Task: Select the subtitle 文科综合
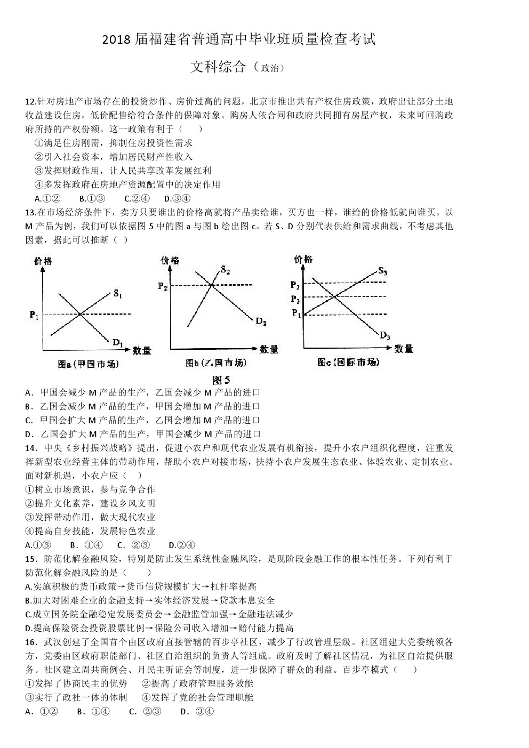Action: coord(218,67)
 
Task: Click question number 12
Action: coord(30,101)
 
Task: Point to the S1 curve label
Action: coord(118,294)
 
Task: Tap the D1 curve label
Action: coord(117,342)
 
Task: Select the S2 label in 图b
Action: coord(225,271)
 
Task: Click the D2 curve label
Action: coord(261,321)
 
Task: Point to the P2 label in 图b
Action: coord(163,286)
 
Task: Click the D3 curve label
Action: coord(385,335)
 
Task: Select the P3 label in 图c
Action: coord(295,299)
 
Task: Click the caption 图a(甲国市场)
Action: coord(88,364)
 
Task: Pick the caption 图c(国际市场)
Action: coord(348,363)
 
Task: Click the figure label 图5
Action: coord(221,380)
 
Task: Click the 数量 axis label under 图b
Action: coord(269,350)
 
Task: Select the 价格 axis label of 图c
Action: coord(303,260)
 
